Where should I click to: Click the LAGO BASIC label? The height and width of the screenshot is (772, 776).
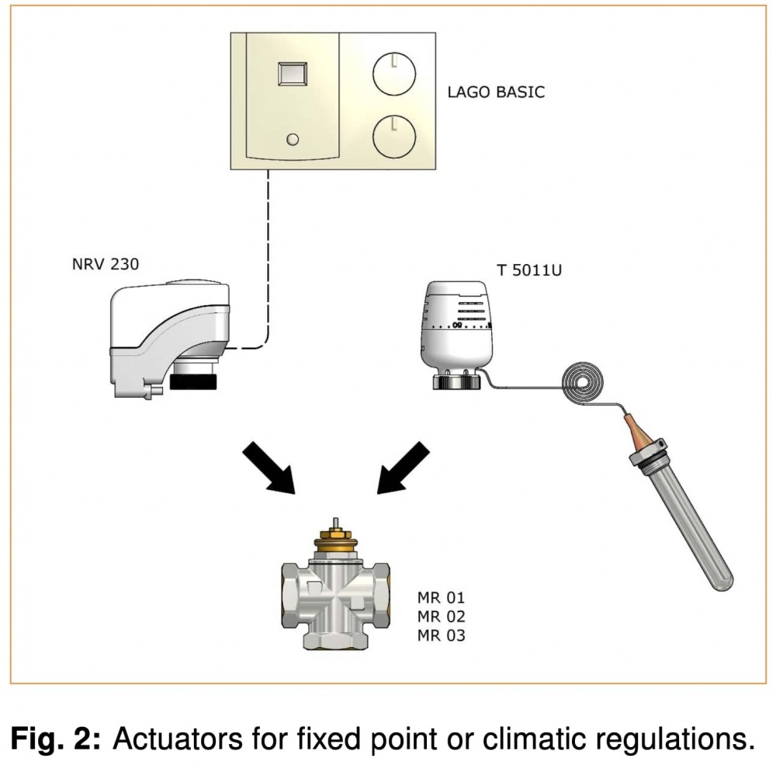point(496,92)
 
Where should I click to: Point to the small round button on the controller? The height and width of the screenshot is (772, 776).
point(293,139)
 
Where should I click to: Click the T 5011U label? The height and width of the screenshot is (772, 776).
point(529,270)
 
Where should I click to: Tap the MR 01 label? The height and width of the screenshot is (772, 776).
point(440,599)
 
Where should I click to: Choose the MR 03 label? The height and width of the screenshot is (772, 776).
point(440,636)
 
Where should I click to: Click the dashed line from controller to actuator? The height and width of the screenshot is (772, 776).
point(268,256)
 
